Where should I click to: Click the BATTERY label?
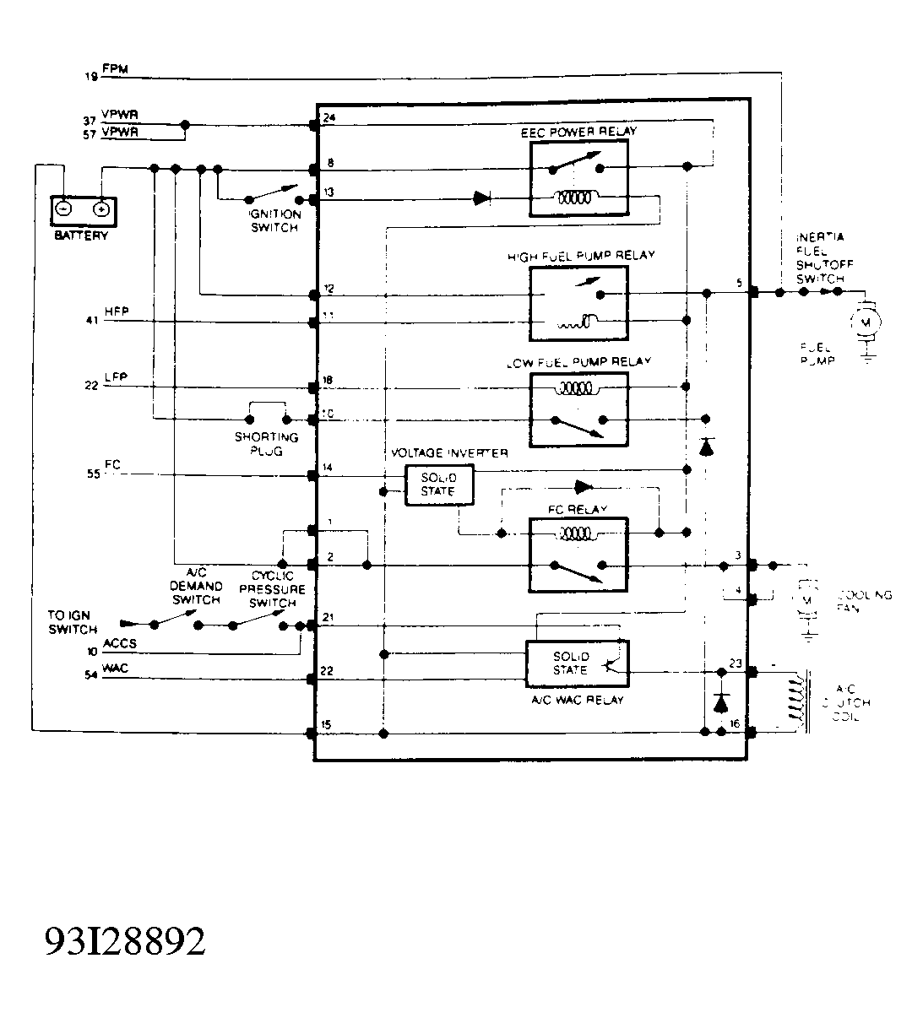pyautogui.click(x=81, y=236)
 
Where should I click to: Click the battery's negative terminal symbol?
pyautogui.click(x=63, y=208)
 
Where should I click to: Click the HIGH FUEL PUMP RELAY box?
pyautogui.click(x=578, y=304)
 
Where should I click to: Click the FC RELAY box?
pyautogui.click(x=578, y=555)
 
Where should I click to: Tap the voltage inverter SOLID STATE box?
pyautogui.click(x=438, y=485)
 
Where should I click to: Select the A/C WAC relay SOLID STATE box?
pyautogui.click(x=570, y=663)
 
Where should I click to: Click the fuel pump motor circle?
pyautogui.click(x=865, y=321)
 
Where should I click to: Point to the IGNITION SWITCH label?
pyautogui.click(x=274, y=221)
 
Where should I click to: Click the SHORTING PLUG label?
pyautogui.click(x=266, y=444)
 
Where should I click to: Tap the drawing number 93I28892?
pyautogui.click(x=125, y=941)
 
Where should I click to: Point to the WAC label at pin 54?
pyautogui.click(x=116, y=669)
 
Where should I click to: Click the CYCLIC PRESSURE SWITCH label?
pyautogui.click(x=273, y=589)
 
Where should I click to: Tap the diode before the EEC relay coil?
pyautogui.click(x=481, y=198)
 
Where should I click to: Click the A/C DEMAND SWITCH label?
pyautogui.click(x=196, y=586)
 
